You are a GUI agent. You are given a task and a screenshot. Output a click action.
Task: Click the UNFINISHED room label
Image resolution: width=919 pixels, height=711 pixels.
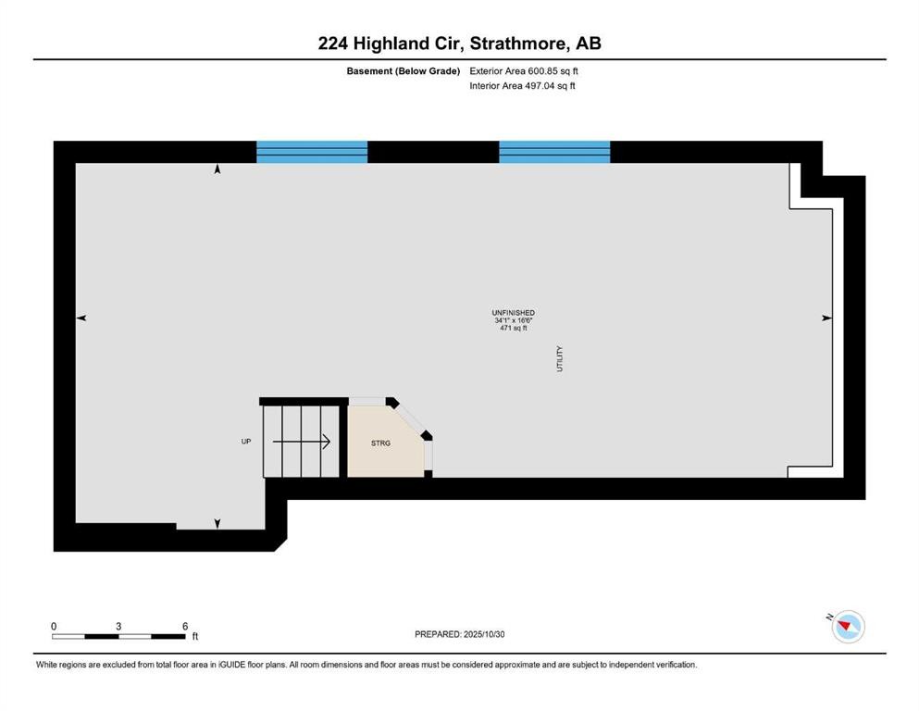(x=513, y=313)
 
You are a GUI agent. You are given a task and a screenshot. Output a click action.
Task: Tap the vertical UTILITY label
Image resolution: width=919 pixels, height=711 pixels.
(x=560, y=358)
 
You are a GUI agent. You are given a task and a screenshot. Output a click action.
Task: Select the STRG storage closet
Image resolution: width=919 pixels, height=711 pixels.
(x=381, y=443)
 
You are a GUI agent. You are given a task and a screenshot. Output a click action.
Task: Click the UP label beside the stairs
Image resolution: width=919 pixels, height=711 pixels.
(x=246, y=442)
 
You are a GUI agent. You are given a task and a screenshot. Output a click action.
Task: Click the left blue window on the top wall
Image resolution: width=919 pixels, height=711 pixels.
(x=312, y=152)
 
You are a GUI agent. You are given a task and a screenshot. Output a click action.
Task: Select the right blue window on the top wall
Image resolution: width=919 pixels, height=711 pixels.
(x=554, y=152)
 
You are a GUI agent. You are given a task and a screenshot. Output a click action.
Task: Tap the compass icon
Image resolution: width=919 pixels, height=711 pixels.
(x=848, y=627)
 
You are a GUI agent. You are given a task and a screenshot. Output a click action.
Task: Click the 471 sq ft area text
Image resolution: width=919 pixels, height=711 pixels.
(x=513, y=328)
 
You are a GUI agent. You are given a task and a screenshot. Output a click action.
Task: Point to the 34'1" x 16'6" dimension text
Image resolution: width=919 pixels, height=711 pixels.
(x=513, y=320)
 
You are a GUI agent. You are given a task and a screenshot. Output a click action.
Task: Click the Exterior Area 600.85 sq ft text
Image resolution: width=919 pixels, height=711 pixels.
(x=524, y=70)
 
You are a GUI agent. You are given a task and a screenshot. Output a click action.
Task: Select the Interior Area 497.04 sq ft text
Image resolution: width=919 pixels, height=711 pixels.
(x=522, y=86)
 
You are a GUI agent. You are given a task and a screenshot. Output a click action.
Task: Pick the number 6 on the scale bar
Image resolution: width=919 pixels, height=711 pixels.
(x=186, y=626)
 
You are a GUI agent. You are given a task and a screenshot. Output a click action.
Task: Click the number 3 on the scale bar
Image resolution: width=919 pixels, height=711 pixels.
(x=118, y=626)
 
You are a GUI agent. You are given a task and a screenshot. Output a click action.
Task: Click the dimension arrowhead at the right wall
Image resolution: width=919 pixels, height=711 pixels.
(x=826, y=318)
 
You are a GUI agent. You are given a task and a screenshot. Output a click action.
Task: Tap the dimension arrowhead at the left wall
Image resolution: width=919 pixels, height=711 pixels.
(x=81, y=318)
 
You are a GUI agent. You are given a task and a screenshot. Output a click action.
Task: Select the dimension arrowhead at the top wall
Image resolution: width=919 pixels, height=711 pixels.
(x=217, y=169)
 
